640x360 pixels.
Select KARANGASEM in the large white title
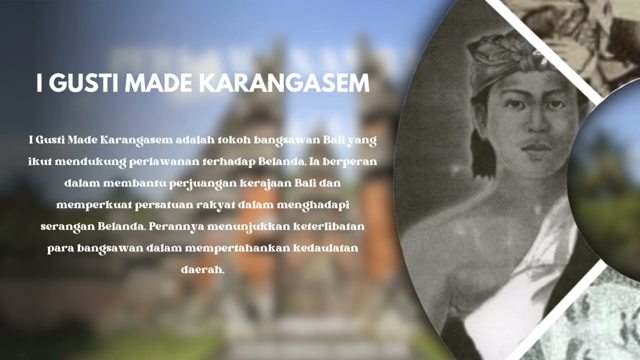pos(286,83)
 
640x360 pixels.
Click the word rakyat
pos(214,205)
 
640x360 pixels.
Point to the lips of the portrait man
pos(536,147)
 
